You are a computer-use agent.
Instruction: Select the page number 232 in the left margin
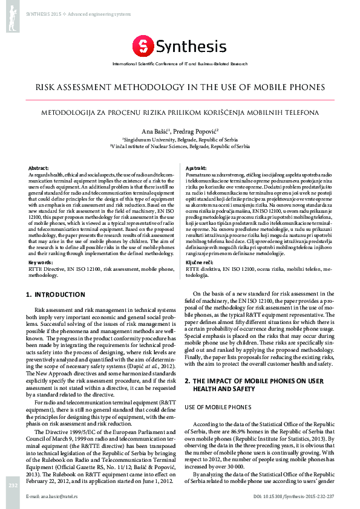(12, 485)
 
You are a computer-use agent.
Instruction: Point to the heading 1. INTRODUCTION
(56, 294)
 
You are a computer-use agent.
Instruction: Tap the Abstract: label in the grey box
(39, 167)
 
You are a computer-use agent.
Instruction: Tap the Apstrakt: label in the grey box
(196, 167)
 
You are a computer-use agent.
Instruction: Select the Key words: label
(41, 262)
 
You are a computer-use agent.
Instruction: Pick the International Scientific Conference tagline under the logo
(180, 63)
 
